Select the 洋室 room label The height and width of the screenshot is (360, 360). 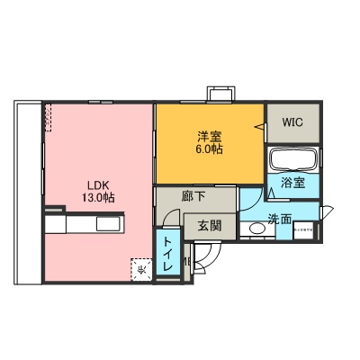tap(211, 138)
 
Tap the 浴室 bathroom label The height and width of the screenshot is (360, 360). tap(292, 183)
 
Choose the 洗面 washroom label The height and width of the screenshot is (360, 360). tap(279, 219)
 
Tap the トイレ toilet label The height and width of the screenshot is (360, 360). tap(167, 256)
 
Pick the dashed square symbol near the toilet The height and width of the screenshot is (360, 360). tap(141, 268)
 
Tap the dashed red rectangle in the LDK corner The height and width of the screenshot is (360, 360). tap(49, 115)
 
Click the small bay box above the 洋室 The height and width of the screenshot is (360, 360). tap(220, 94)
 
